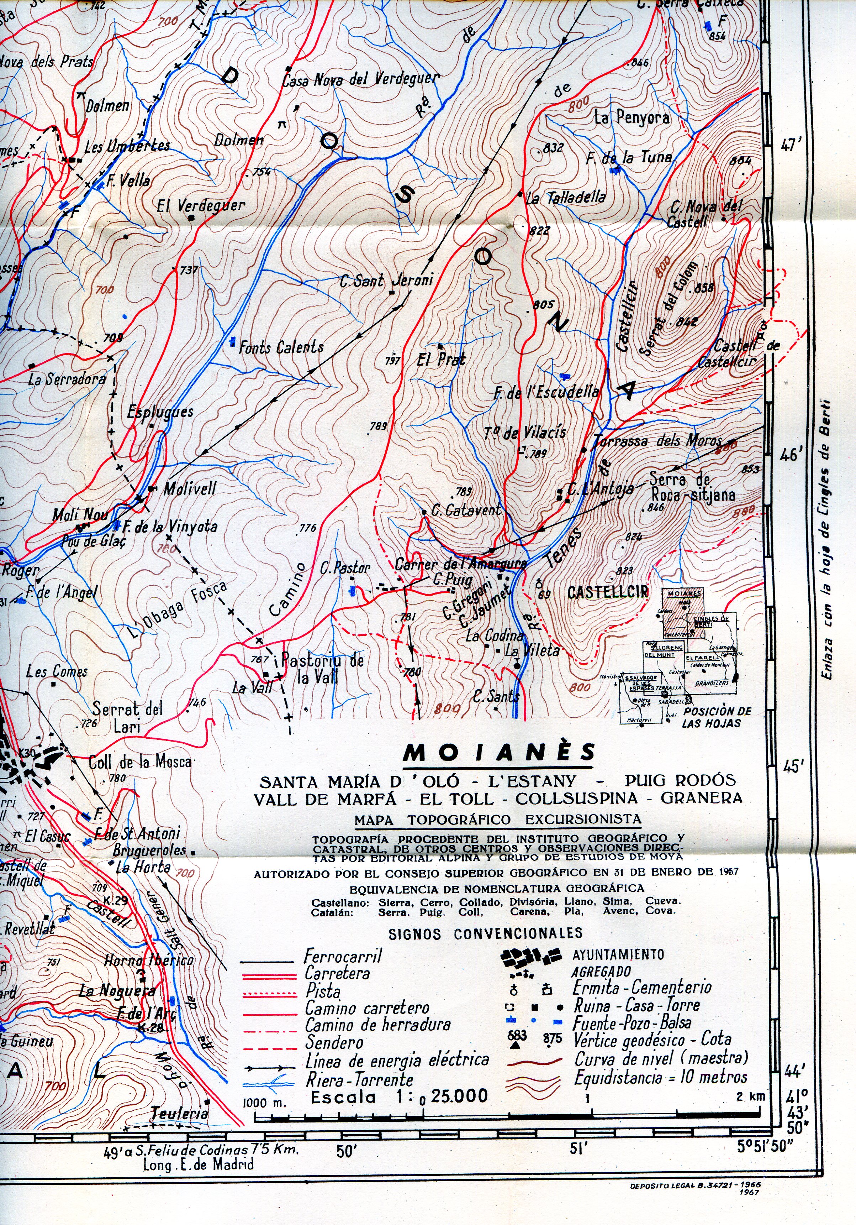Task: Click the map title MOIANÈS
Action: click(499, 752)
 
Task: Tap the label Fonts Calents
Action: click(281, 347)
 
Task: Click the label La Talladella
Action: click(566, 198)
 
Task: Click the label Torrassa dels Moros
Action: click(657, 441)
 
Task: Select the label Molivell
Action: click(190, 488)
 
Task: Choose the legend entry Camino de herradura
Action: click(377, 1025)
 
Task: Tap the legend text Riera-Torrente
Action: click(359, 1080)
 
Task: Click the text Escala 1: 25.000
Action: click(399, 1098)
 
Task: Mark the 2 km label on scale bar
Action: click(750, 1097)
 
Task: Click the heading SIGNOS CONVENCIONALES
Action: click(485, 934)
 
